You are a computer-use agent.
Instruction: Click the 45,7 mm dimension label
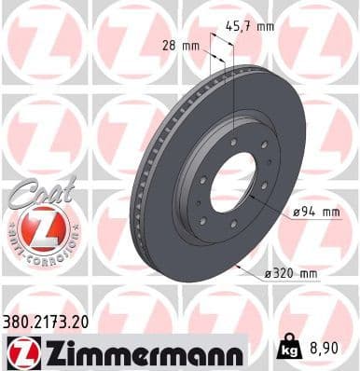click(253, 26)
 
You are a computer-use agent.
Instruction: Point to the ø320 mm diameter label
click(293, 273)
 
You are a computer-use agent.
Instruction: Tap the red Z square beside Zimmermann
click(21, 352)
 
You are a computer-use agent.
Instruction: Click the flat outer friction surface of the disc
click(280, 140)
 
